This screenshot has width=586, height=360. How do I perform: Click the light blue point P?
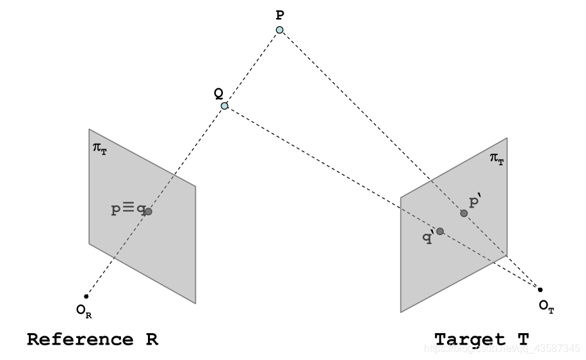coord(280,30)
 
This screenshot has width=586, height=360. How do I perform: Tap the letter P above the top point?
coord(280,13)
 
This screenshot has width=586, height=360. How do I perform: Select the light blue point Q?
coord(224,106)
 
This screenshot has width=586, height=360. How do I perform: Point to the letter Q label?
coord(218,93)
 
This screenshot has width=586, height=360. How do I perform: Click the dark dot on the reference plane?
coord(148,211)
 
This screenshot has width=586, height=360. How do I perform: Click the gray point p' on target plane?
coord(464,213)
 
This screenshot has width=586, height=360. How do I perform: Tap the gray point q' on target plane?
coord(440,231)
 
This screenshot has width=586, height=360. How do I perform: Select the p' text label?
coord(475,202)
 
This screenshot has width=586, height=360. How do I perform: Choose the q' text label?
coord(428,237)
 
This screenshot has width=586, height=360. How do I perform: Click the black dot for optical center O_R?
coord(86,296)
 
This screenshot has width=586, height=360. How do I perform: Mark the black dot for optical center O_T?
coord(540,290)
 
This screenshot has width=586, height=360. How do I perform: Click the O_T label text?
coord(546,306)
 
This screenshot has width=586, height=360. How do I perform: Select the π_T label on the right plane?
coord(496,158)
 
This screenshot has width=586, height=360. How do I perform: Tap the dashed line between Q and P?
coord(252,68)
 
